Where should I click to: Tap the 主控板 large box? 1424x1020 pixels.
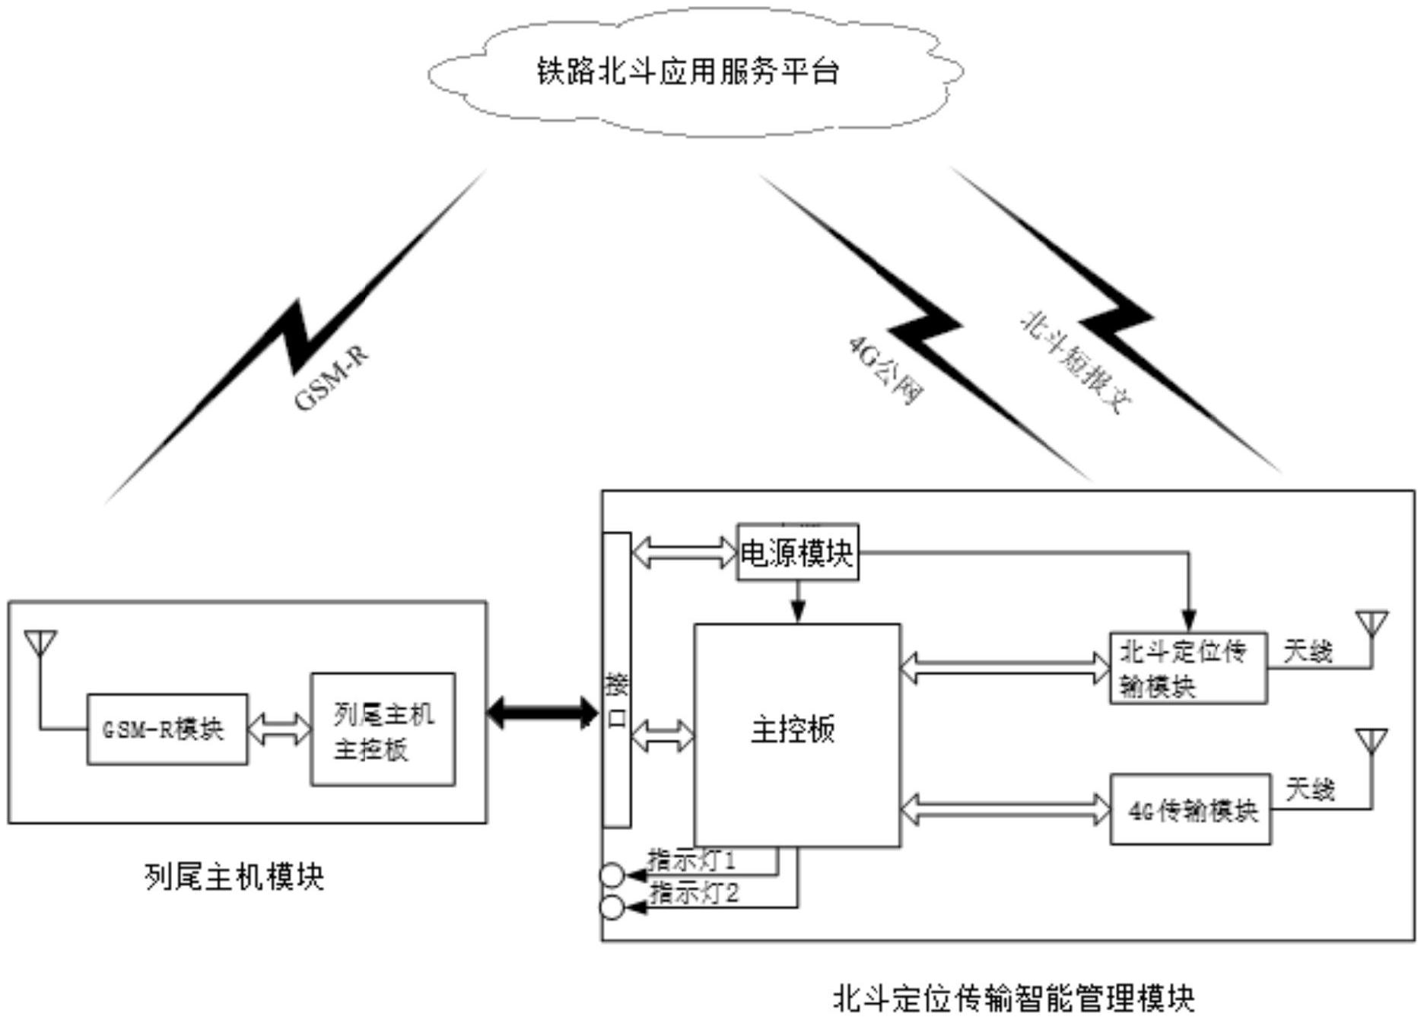pos(796,734)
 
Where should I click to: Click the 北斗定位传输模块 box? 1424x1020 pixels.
pos(1187,668)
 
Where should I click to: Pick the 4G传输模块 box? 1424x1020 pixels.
pos(1190,810)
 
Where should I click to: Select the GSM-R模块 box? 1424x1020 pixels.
pos(167,729)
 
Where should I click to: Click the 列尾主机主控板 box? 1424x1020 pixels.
pos(383,729)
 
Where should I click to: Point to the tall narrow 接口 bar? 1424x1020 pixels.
pos(616,679)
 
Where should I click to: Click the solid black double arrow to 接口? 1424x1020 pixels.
pos(542,713)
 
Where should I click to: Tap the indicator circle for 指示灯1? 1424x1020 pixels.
pos(612,875)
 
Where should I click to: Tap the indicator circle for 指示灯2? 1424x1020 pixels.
pos(612,907)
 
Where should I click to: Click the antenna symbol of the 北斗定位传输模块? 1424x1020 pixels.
pos(1372,624)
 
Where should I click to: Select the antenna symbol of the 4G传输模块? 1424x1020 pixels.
pos(1372,742)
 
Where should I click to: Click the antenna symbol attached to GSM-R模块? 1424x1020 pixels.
pos(40,643)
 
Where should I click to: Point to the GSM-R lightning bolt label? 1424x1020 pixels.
pos(330,379)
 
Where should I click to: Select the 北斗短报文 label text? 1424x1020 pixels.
pos(1075,362)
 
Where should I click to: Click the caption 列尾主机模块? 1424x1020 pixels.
pos(234,877)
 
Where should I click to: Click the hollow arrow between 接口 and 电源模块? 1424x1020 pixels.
pos(684,552)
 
